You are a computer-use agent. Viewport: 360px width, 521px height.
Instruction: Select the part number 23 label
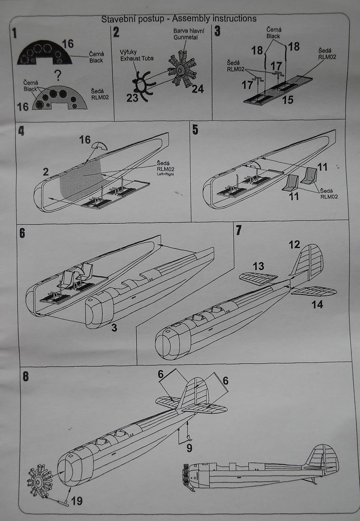pos(132,98)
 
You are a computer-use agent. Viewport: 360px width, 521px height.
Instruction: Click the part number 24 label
pos(197,89)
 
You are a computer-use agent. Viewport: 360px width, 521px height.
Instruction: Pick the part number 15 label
pos(287,100)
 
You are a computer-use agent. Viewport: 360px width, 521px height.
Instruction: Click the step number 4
pos(21,130)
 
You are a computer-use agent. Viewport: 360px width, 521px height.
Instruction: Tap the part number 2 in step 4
pos(46,171)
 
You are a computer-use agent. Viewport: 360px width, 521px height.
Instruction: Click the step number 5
pos(195,130)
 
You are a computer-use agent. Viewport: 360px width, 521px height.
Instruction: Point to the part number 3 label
pos(114,328)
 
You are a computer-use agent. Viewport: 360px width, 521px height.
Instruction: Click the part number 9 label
pos(189,448)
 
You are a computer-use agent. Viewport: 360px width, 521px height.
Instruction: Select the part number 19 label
pos(76,501)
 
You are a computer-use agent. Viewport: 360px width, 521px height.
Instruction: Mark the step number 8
pos(26,377)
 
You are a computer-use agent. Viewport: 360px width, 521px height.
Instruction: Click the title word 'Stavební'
pos(118,19)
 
